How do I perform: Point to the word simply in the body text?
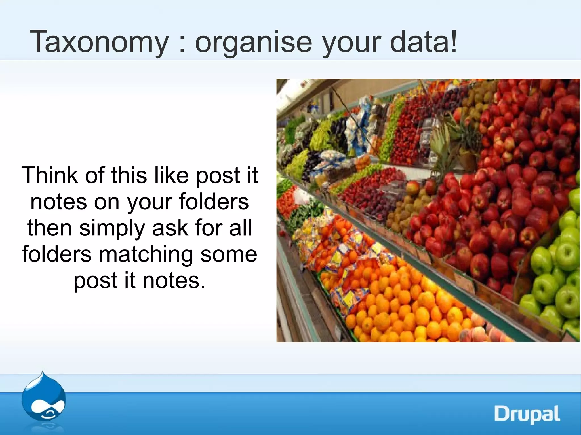pyautogui.click(x=112, y=228)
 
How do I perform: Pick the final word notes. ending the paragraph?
pyautogui.click(x=174, y=281)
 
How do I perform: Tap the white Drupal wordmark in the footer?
pyautogui.click(x=527, y=414)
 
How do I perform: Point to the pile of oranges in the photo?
pyautogui.click(x=397, y=309)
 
